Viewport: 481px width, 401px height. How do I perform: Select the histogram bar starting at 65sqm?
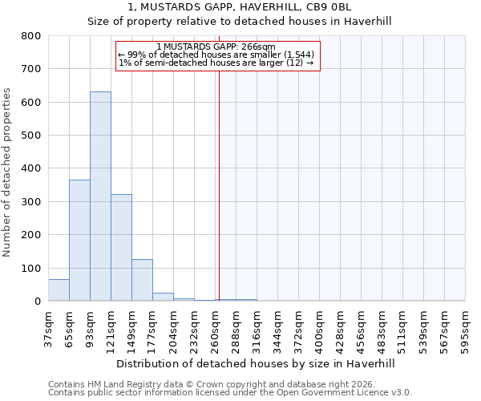click(x=79, y=241)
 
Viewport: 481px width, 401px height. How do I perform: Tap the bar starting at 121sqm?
click(x=121, y=248)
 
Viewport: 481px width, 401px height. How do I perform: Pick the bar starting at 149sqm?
click(x=142, y=280)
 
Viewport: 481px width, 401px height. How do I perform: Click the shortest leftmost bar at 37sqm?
click(x=59, y=290)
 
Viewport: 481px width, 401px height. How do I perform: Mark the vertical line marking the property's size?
click(x=219, y=184)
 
